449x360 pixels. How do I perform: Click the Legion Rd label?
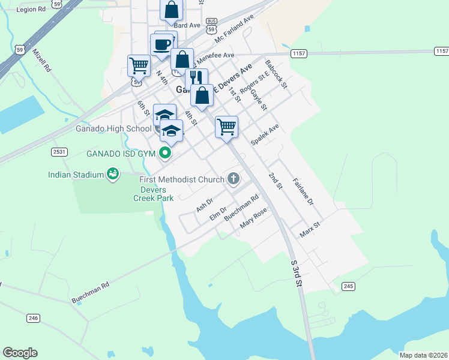pyautogui.click(x=31, y=10)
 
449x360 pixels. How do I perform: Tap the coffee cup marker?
pyautogui.click(x=162, y=45)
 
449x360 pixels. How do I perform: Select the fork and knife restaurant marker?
pyautogui.click(x=196, y=78)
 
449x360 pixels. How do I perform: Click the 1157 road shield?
pyautogui.click(x=299, y=54)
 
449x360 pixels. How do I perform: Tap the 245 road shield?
pyautogui.click(x=349, y=287)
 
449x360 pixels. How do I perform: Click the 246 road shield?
pyautogui.click(x=33, y=317)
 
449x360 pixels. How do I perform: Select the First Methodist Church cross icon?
pyautogui.click(x=233, y=178)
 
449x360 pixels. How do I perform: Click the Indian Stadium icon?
pyautogui.click(x=112, y=174)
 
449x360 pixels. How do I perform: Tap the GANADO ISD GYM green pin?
pyautogui.click(x=165, y=154)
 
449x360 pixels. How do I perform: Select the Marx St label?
pyautogui.click(x=310, y=229)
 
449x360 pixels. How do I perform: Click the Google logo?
pyautogui.click(x=20, y=353)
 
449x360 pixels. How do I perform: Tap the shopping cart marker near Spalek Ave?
pyautogui.click(x=226, y=126)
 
